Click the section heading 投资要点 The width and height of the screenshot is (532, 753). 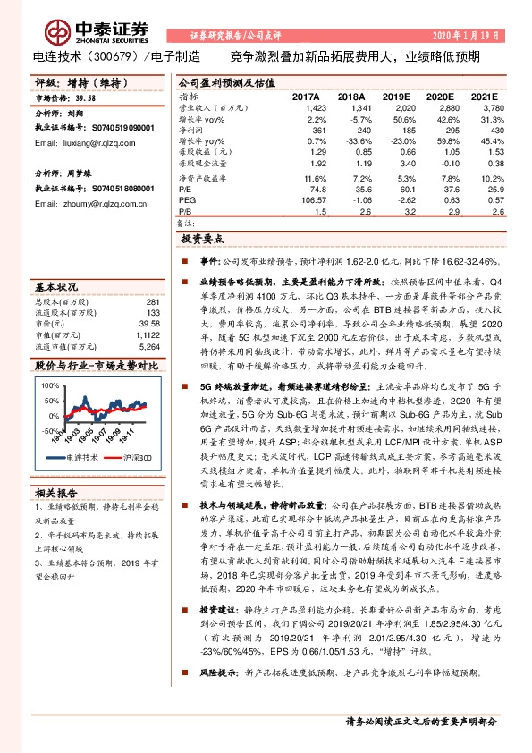(203, 241)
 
